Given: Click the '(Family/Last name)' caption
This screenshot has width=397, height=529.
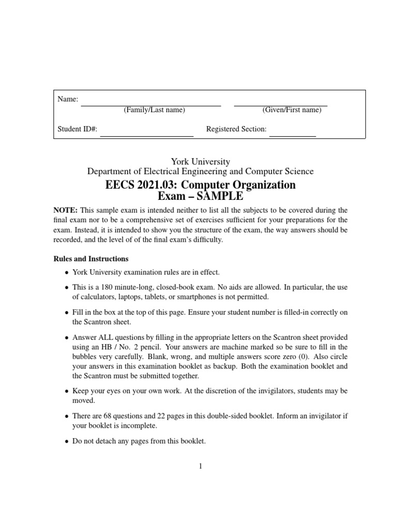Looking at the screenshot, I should [x=154, y=110].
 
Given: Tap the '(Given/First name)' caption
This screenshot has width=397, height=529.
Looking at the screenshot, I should [x=292, y=110].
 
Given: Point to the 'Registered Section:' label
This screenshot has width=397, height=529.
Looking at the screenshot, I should [x=236, y=129].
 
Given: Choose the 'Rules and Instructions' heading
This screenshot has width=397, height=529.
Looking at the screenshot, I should [x=91, y=259].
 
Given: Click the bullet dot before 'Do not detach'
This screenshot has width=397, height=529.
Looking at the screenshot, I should [x=66, y=442].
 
